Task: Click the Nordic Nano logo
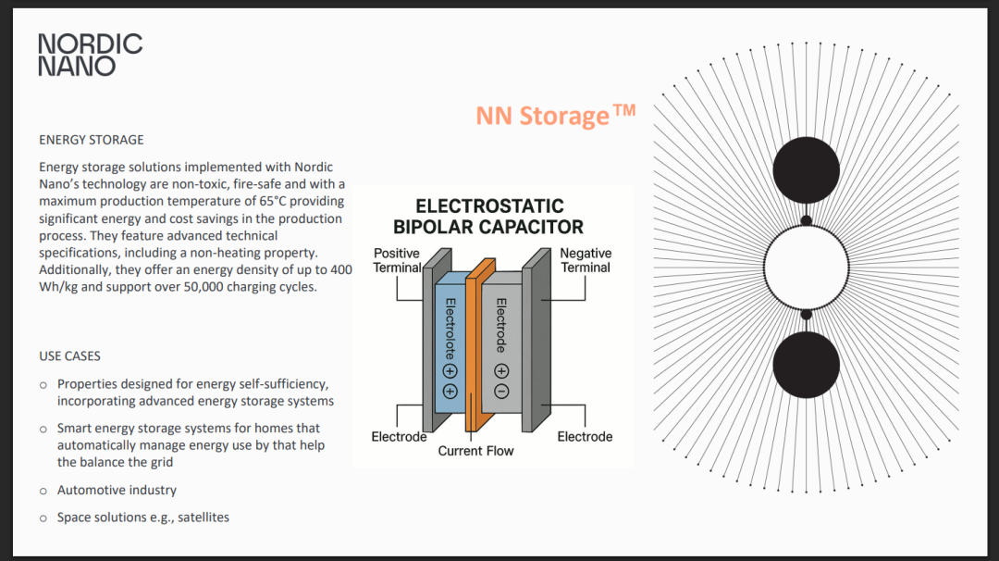(x=90, y=55)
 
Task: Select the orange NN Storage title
(x=555, y=116)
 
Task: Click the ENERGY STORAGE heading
(x=92, y=140)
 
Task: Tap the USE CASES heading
(x=69, y=356)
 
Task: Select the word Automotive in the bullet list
(x=91, y=490)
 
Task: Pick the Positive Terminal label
(x=396, y=260)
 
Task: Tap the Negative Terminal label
(x=586, y=260)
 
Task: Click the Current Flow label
(x=475, y=451)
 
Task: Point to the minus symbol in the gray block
(x=501, y=391)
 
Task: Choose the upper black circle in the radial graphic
(x=806, y=171)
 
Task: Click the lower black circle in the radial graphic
(x=806, y=365)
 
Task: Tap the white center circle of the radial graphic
(x=806, y=268)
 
